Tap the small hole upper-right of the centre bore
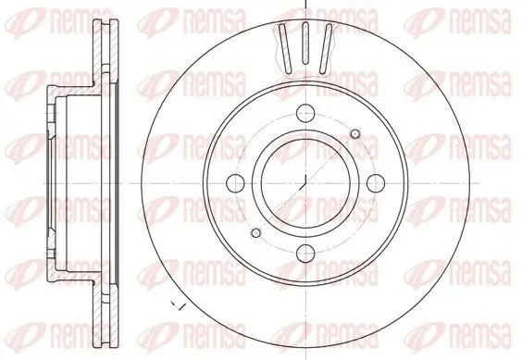coord(356,135)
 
